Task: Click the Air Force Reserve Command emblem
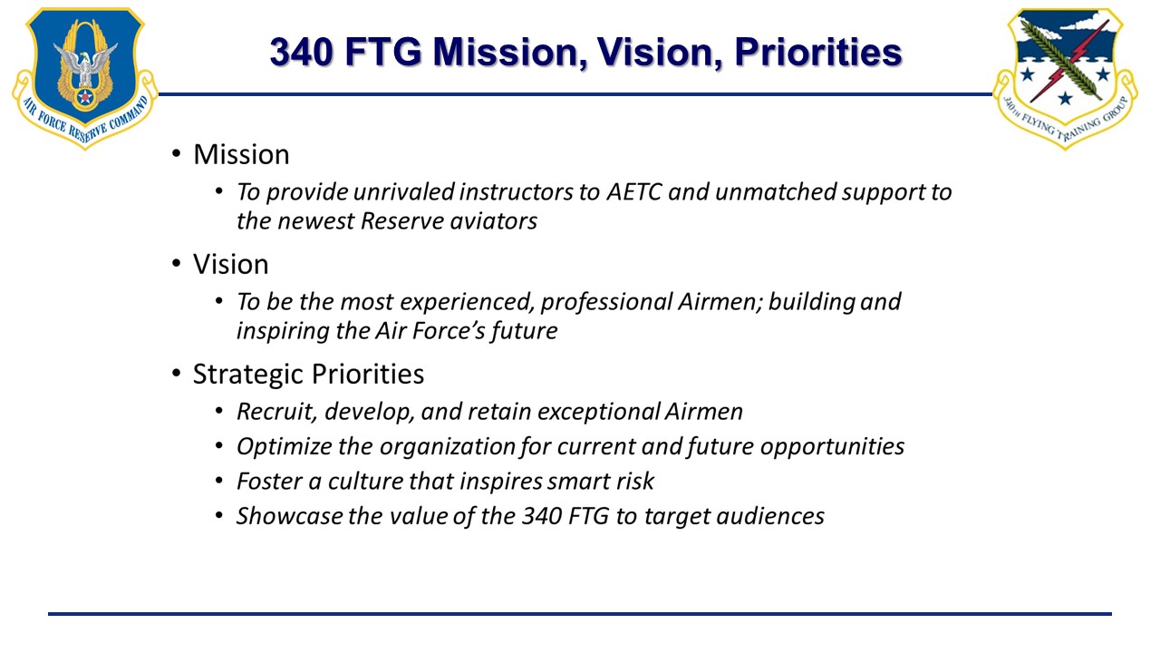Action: pos(85,78)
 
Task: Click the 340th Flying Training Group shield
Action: pos(1065,78)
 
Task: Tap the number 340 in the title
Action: pos(301,53)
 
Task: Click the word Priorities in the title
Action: pos(818,53)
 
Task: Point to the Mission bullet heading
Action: pos(241,154)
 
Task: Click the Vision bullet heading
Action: pos(231,264)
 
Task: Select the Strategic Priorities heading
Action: pos(309,375)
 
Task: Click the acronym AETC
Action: pos(634,192)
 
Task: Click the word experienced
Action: pos(467,302)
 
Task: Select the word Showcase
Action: pos(289,516)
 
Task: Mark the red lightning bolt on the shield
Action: pos(1068,63)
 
